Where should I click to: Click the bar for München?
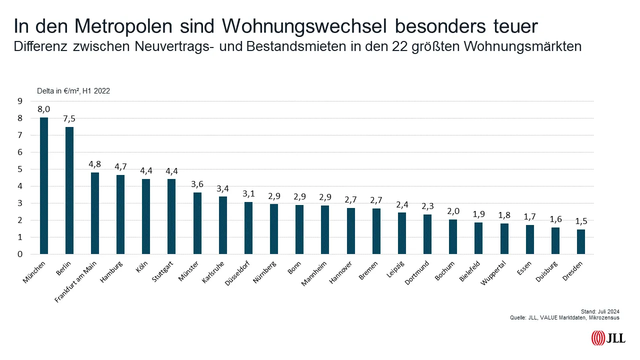coord(44,186)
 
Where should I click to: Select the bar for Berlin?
coord(69,190)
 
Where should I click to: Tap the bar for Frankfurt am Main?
coord(95,213)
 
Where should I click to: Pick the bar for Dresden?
coord(580,241)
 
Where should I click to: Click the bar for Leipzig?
coord(402,233)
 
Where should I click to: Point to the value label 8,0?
coord(44,108)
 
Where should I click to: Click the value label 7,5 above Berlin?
coord(69,118)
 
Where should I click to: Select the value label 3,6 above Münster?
coord(197,183)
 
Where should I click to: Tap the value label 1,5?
coord(580,220)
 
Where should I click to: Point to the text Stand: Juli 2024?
coord(603,311)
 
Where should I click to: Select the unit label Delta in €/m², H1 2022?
coord(73,91)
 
